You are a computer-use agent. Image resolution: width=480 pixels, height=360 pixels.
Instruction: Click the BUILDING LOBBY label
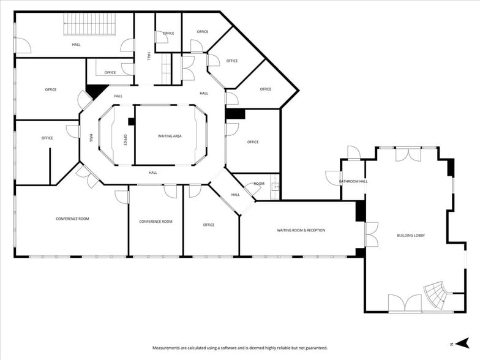[x=411, y=235]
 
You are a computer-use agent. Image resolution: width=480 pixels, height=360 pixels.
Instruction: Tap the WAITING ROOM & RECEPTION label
[x=301, y=230]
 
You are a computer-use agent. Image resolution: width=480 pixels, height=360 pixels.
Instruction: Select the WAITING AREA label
[x=170, y=136]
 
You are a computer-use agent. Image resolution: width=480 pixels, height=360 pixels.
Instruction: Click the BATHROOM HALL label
[x=353, y=181]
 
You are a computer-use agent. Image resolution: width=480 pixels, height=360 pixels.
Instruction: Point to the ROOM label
[x=259, y=184]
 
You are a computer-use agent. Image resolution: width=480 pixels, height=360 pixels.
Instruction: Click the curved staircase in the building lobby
[x=436, y=295]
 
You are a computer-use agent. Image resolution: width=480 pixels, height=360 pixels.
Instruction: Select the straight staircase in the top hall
[x=89, y=24]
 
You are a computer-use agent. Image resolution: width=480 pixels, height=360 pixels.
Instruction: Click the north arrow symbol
[x=463, y=343]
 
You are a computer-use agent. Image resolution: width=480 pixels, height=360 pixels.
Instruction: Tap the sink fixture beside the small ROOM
[x=276, y=186]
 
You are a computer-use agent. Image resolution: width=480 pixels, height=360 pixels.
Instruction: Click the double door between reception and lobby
[x=372, y=234]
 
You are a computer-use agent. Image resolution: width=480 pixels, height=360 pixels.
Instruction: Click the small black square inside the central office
[x=131, y=121]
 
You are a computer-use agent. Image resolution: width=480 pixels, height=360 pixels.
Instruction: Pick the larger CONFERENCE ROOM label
[x=72, y=219]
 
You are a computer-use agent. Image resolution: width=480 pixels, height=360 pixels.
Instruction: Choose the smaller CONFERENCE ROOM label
[x=156, y=222]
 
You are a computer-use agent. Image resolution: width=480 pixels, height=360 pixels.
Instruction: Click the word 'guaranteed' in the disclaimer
[x=317, y=348]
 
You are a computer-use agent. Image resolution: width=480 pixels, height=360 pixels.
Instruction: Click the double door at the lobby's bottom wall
[x=405, y=303]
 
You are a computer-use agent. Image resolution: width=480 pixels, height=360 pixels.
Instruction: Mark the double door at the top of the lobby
[x=408, y=154]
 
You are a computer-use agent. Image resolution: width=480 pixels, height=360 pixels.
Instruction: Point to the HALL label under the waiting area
[x=153, y=173]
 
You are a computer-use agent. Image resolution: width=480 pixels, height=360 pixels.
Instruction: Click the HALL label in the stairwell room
[x=76, y=44]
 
